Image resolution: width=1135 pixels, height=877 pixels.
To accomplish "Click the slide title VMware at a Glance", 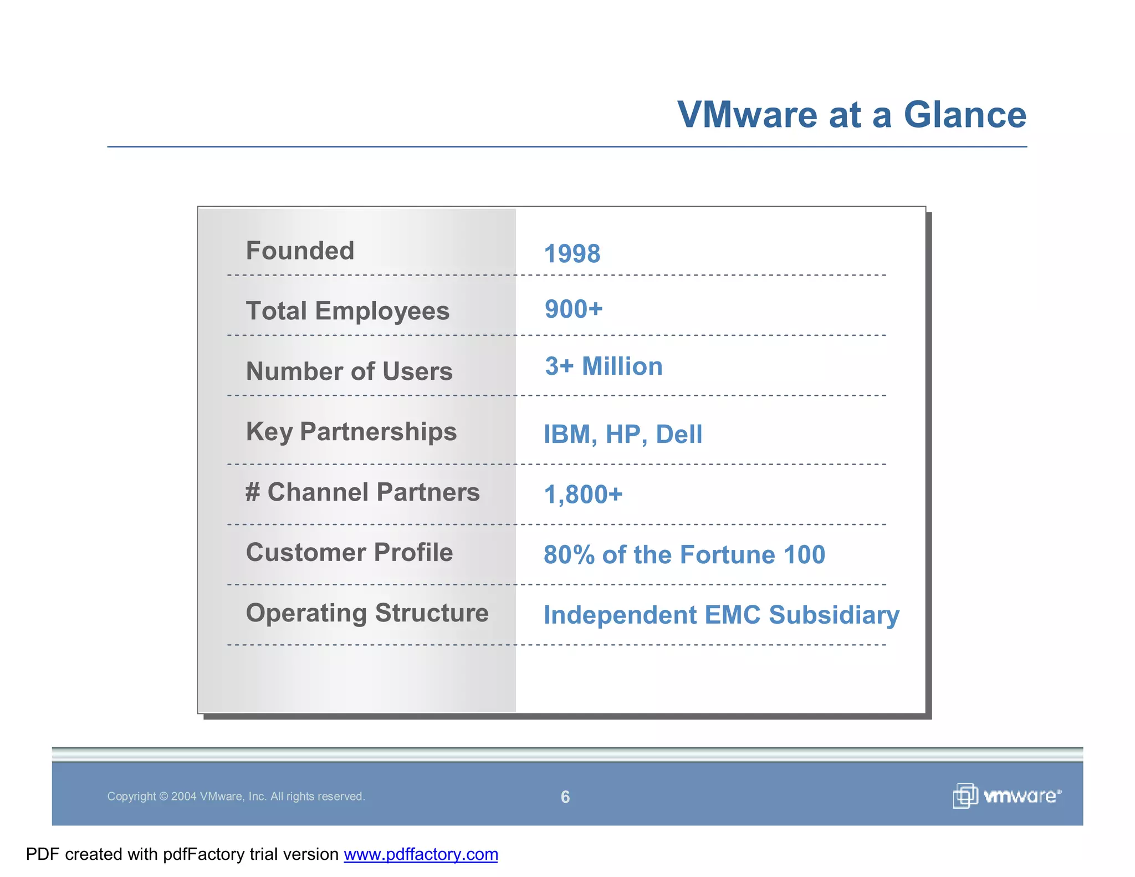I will click(x=851, y=115).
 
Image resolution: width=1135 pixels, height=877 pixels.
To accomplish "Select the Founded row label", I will click(x=300, y=251).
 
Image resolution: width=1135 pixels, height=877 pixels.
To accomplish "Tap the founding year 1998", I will click(x=572, y=254).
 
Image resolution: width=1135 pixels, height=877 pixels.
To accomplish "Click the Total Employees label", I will click(x=347, y=311).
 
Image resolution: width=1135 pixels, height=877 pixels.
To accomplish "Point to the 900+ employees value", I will click(x=573, y=309).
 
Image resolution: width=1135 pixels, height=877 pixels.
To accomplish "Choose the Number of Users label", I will click(x=349, y=371).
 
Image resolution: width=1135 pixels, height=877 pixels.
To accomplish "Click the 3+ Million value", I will click(x=604, y=366).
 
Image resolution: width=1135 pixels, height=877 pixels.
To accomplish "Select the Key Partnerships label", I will click(x=351, y=432).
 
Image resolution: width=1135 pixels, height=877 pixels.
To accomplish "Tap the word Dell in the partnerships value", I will click(x=679, y=435).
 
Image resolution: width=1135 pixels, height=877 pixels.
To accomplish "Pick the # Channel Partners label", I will click(x=362, y=492).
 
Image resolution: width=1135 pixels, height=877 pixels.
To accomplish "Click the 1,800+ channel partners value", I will click(x=583, y=494).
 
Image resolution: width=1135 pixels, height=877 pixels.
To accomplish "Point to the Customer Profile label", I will click(x=349, y=553).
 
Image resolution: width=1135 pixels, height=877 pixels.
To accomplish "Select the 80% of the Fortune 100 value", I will click(x=684, y=555).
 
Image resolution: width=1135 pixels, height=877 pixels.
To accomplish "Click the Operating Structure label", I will click(x=367, y=613).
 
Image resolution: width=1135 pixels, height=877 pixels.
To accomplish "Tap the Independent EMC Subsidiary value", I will click(x=721, y=615).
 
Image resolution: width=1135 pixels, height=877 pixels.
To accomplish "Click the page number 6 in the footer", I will click(x=565, y=797).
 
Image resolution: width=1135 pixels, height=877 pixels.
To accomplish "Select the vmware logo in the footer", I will click(x=1006, y=796).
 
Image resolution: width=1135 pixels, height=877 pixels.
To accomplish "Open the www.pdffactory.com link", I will click(x=421, y=854).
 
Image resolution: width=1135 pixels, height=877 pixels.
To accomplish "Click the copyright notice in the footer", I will click(x=236, y=797).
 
